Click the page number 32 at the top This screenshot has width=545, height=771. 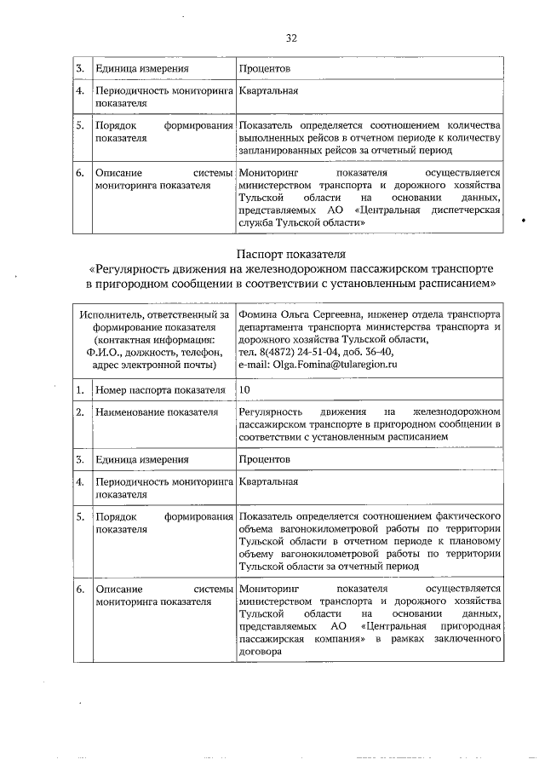(291, 38)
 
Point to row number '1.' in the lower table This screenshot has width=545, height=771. (78, 390)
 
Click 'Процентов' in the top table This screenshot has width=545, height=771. (265, 67)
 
